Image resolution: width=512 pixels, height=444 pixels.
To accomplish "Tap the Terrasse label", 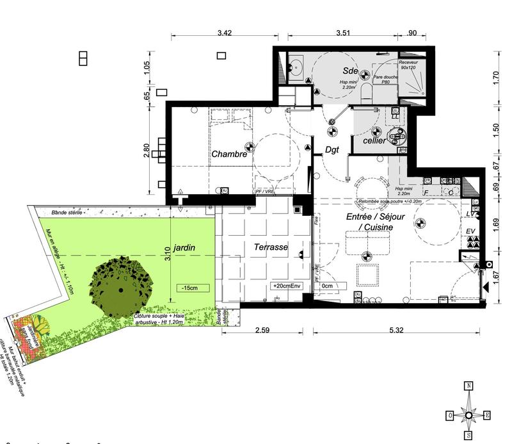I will (x=270, y=247).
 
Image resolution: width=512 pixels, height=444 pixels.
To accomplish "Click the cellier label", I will (x=374, y=140).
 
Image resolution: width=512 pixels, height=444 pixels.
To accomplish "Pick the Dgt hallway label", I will (x=332, y=151).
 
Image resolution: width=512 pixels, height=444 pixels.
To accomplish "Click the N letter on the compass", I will (x=469, y=385).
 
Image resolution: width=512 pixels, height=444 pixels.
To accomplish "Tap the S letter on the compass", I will (x=469, y=435).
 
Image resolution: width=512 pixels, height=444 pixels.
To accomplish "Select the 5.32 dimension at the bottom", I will (x=396, y=331).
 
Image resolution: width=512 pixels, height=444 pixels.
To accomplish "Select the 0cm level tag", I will (x=328, y=286).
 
